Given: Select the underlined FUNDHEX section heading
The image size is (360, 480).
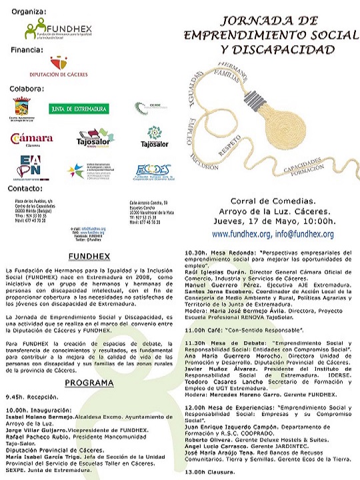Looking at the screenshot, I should pos(88,256).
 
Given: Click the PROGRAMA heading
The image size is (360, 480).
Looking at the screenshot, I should pos(89,383).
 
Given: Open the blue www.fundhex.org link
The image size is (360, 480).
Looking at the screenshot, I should pos(241,234).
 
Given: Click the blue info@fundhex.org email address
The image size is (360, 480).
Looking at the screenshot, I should pos(303,234).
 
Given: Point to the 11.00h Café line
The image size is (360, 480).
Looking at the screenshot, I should pos(244,330).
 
